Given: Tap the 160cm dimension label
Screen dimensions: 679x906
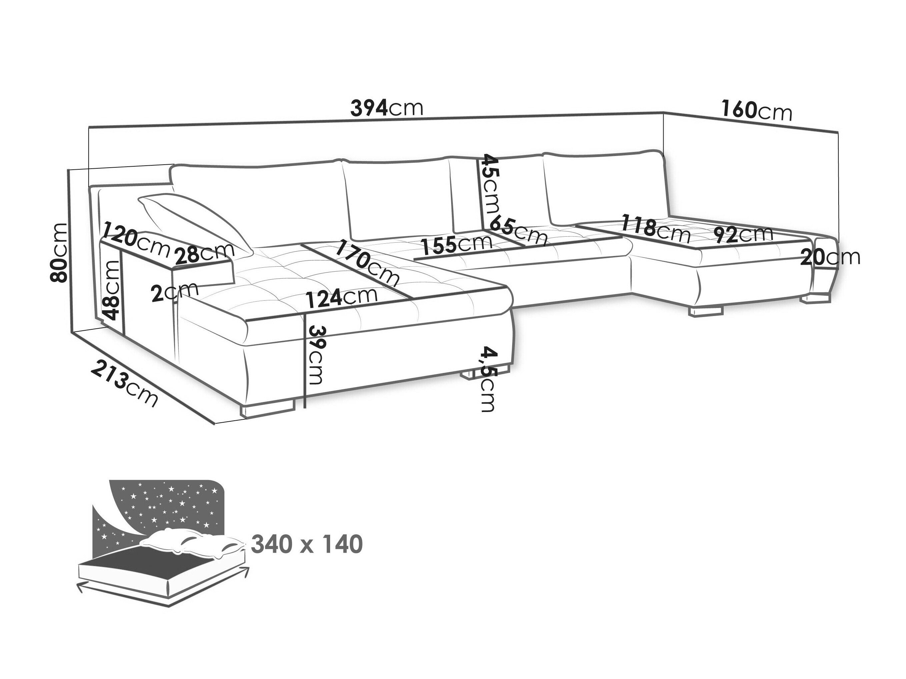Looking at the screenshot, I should [x=756, y=111].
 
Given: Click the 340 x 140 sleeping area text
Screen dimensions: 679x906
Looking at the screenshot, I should [x=306, y=544].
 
